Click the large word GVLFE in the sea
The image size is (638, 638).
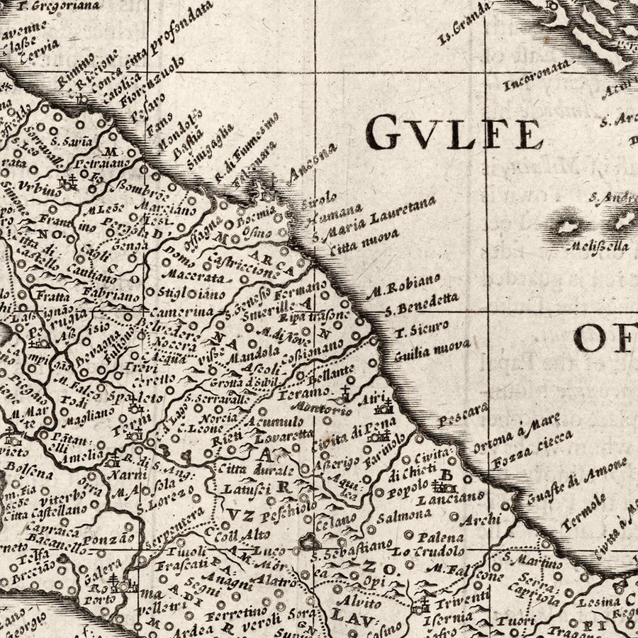[454, 133]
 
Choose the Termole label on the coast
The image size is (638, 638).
[584, 512]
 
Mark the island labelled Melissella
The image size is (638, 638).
[598, 246]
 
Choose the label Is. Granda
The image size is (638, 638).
[464, 22]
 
